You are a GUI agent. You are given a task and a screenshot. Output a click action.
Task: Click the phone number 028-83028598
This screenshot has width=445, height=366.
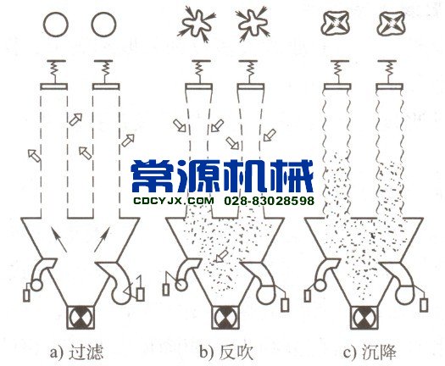pyautogui.click(x=270, y=201)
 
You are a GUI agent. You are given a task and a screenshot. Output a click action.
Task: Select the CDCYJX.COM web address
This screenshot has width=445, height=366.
pyautogui.click(x=173, y=201)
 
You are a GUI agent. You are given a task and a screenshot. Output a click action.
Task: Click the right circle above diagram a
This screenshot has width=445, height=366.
pyautogui.click(x=103, y=24)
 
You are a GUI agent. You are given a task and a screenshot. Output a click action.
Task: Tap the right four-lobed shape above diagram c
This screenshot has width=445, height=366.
pyautogui.click(x=389, y=20)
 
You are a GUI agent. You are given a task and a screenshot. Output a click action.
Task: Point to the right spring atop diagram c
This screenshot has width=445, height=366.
pyautogui.click(x=388, y=68)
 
